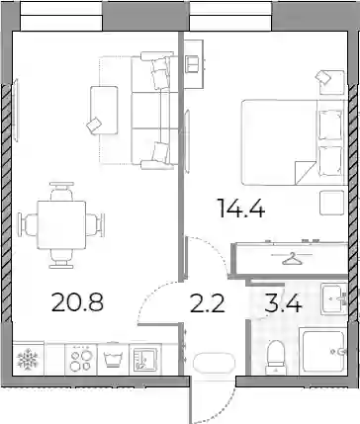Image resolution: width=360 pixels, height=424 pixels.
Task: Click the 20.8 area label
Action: click(x=78, y=302)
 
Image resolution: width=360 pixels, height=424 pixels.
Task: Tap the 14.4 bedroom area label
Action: click(x=242, y=209)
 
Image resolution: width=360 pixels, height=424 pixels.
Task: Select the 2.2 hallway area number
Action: click(x=208, y=303)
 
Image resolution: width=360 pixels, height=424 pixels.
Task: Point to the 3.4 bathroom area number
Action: click(x=284, y=303)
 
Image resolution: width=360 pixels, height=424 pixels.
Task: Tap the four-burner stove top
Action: click(x=81, y=360)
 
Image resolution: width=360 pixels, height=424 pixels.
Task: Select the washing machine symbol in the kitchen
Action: click(x=113, y=359)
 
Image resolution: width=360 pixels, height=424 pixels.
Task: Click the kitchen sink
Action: click(x=145, y=360)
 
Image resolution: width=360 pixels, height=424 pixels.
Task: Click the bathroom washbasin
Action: click(x=333, y=298)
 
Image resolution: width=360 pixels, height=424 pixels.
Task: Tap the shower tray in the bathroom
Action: click(x=323, y=352)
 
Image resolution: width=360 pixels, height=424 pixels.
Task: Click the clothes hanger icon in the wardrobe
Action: click(x=292, y=258)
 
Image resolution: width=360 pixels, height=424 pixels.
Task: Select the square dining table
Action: click(x=61, y=225)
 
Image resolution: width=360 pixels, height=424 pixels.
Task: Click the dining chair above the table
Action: click(x=61, y=191)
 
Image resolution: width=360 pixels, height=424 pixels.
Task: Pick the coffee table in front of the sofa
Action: click(x=104, y=110)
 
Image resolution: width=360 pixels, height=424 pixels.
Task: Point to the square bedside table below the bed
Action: click(x=332, y=204)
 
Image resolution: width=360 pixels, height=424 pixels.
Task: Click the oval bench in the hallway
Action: click(x=214, y=364)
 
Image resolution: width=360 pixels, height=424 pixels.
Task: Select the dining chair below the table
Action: click(x=61, y=259)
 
